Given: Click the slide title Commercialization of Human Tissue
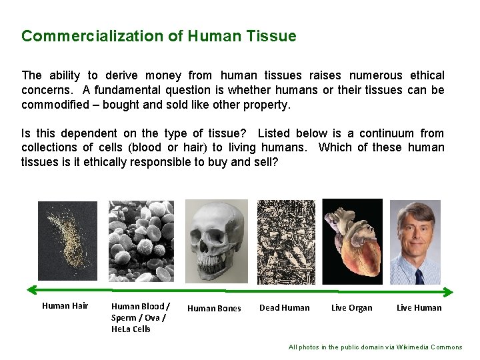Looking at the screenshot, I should (159, 36).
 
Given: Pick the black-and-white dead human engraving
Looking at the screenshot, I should (286, 241).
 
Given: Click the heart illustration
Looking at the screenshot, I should (352, 241).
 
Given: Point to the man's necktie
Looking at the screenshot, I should (419, 275).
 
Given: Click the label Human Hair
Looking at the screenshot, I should (65, 306).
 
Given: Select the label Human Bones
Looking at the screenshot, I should (214, 308).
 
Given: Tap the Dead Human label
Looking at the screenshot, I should (284, 307).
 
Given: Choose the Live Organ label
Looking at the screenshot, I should (351, 307).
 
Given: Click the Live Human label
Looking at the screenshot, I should (419, 307).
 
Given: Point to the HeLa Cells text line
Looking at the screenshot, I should (131, 329).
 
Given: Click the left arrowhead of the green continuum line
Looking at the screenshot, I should (31, 290).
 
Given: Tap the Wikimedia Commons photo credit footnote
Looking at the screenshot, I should (375, 347).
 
